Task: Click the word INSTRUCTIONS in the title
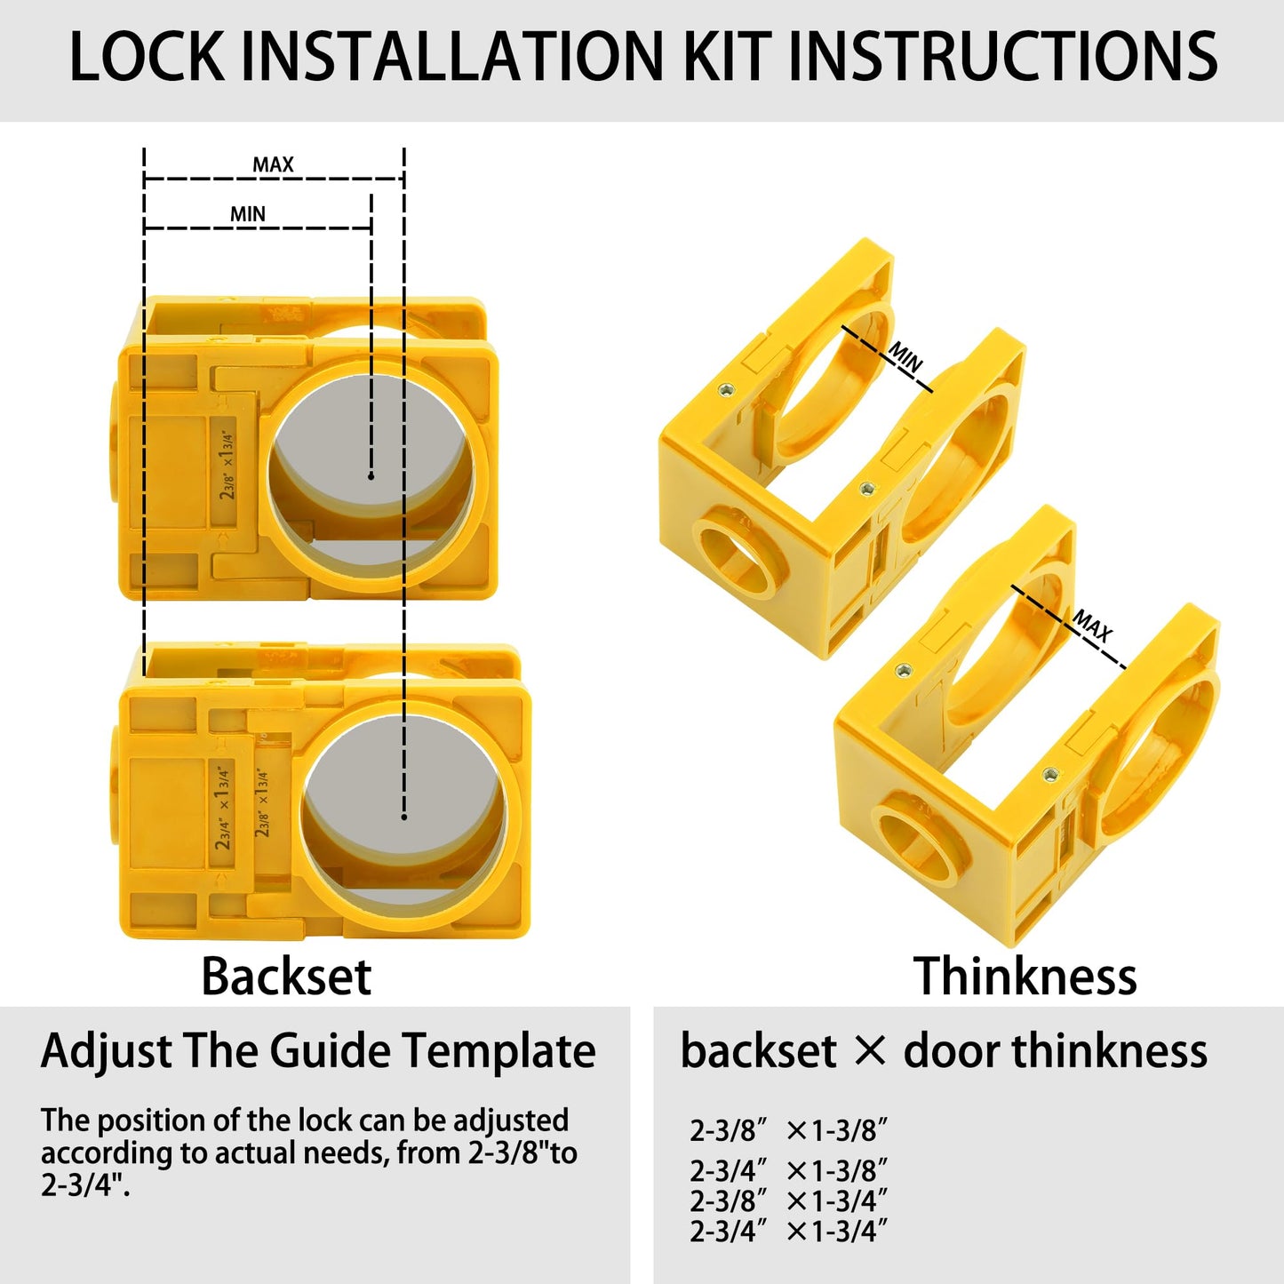[x=1001, y=57]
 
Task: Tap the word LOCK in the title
[x=147, y=57]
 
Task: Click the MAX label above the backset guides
[x=273, y=164]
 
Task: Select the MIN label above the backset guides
[x=248, y=214]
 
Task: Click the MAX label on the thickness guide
[x=1092, y=626]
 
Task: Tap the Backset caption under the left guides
[x=285, y=977]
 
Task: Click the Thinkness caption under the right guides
[x=1025, y=977]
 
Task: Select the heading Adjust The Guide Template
[x=318, y=1051]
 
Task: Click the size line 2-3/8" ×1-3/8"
[x=788, y=1130]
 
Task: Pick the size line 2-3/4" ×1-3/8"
[x=788, y=1170]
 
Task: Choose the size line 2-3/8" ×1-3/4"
[x=788, y=1200]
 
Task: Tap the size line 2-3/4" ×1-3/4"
[x=788, y=1232]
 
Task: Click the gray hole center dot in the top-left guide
[x=371, y=476]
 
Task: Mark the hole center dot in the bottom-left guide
[x=404, y=817]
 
